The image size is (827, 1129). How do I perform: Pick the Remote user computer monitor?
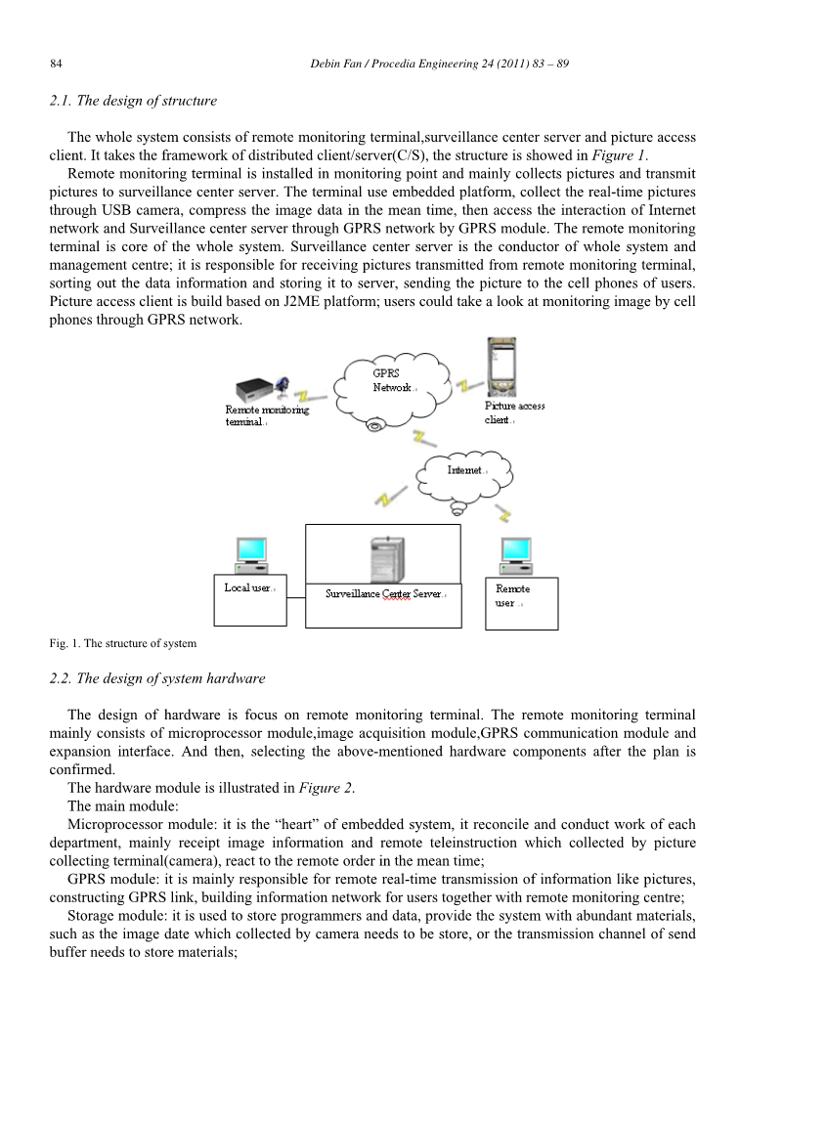tap(514, 555)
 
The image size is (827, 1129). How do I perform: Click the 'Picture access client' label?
tap(514, 413)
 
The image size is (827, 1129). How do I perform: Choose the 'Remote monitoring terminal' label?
tap(266, 415)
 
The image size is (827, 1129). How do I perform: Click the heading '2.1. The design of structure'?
tap(133, 101)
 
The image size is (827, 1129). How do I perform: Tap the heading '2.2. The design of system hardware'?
tap(156, 677)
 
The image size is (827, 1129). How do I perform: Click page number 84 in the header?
tap(56, 64)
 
